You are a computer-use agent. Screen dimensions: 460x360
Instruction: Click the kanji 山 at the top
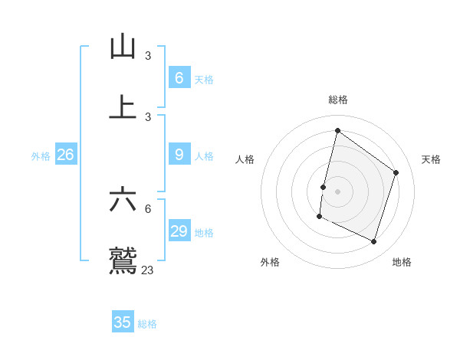pyautogui.click(x=123, y=47)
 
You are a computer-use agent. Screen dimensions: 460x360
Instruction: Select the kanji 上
pyautogui.click(x=123, y=108)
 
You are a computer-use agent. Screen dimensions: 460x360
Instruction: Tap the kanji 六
pyautogui.click(x=123, y=200)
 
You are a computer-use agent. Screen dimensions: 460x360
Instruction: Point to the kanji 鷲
pyautogui.click(x=123, y=260)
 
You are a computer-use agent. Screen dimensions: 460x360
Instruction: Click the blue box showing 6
pyautogui.click(x=179, y=77)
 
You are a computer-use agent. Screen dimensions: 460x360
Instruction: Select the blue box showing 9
pyautogui.click(x=179, y=154)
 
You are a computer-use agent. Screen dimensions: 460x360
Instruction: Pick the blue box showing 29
pyautogui.click(x=179, y=231)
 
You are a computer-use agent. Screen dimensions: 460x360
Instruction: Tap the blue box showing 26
pyautogui.click(x=65, y=154)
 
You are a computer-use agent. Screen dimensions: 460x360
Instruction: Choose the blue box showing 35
pyautogui.click(x=123, y=322)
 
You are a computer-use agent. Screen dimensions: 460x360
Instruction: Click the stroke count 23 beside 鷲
pyautogui.click(x=148, y=270)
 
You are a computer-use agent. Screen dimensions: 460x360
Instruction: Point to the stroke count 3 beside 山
pyautogui.click(x=148, y=56)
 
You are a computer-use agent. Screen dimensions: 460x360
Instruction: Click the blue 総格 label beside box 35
pyautogui.click(x=147, y=324)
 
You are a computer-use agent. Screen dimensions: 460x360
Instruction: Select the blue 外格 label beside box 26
pyautogui.click(x=41, y=156)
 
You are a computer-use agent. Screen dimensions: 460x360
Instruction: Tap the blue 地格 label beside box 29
pyautogui.click(x=204, y=233)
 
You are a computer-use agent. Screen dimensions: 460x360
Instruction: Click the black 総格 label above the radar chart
pyautogui.click(x=338, y=100)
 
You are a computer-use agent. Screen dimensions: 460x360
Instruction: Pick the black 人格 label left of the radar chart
pyautogui.click(x=245, y=159)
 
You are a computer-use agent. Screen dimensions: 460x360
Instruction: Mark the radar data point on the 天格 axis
pyautogui.click(x=396, y=172)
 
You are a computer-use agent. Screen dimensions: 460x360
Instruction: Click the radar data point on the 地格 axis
pyautogui.click(x=374, y=241)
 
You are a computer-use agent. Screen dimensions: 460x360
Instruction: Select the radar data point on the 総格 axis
pyautogui.click(x=337, y=130)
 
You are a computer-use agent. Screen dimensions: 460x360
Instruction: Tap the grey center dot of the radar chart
pyautogui.click(x=338, y=191)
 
